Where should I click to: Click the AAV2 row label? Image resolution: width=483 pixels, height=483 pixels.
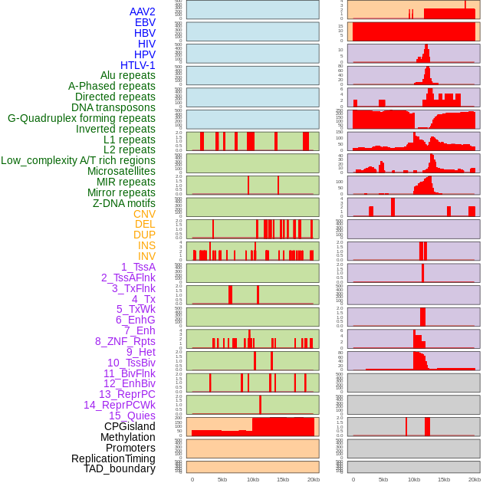point(143,11)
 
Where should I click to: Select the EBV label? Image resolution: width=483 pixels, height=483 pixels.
point(145,22)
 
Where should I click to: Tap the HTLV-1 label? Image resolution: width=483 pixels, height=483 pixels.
point(138,65)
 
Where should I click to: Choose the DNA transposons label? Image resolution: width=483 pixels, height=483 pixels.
point(113,107)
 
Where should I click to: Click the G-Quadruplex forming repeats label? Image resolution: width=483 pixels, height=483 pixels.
point(81,118)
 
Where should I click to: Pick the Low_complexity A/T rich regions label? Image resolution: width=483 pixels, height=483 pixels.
point(78,160)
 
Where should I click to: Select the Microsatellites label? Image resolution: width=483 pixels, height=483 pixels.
point(121,171)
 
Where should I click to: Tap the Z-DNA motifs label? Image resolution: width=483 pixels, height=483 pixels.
point(124,203)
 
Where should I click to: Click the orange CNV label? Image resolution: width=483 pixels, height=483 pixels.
point(144,214)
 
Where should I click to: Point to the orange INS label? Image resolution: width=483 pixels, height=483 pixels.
point(146,245)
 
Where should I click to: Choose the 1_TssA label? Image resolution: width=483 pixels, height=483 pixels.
point(138,267)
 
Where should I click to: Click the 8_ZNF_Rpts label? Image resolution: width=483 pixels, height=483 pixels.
point(125,341)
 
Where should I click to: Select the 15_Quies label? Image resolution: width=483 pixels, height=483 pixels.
point(132,416)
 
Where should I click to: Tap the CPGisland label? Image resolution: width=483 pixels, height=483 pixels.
point(130,426)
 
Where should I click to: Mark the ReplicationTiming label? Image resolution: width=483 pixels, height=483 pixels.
point(113,458)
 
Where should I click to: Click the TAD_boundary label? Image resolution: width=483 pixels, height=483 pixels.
point(120,468)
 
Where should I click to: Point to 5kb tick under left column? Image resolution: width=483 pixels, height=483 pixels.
point(222,479)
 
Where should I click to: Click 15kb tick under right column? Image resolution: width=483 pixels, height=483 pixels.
point(444,479)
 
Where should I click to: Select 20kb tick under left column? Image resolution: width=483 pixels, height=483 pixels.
point(313,479)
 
